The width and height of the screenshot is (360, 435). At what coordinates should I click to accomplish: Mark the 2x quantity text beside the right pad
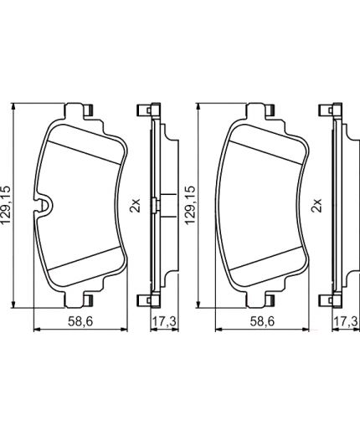coord(316,206)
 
